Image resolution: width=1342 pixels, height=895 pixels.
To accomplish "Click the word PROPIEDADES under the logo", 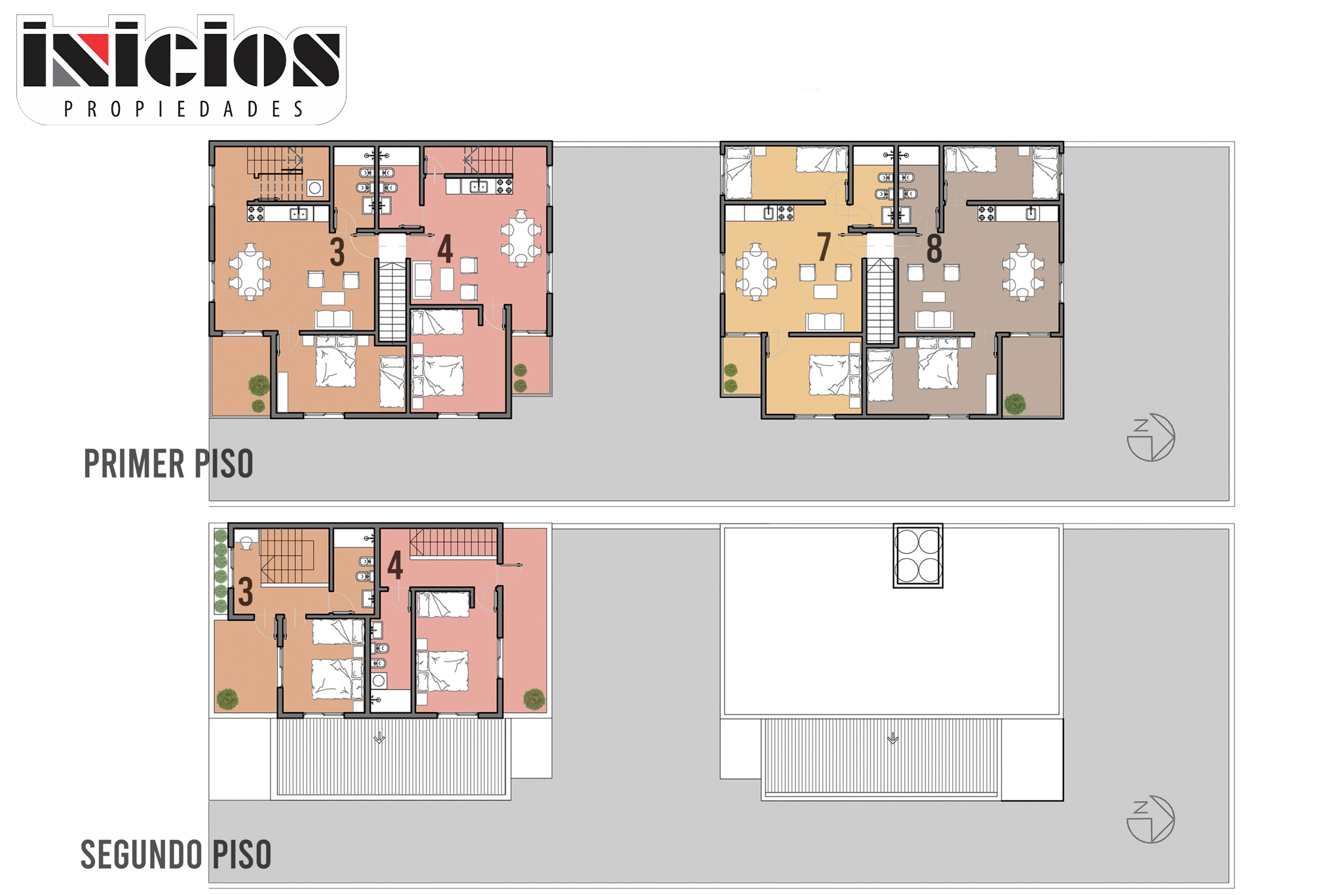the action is [183, 109].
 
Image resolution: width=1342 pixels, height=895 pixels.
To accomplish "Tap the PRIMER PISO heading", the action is [168, 464].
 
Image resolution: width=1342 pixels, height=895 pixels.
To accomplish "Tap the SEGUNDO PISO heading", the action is [176, 854].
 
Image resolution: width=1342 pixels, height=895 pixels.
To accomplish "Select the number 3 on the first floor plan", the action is [337, 252].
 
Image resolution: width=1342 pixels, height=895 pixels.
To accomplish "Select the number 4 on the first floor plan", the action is [445, 249].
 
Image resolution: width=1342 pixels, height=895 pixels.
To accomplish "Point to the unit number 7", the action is [824, 247].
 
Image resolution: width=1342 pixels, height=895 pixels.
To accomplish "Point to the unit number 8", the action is [934, 249].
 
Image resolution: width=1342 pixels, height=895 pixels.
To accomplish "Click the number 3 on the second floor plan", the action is [246, 592].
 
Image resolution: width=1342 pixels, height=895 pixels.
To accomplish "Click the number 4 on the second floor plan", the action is [395, 565].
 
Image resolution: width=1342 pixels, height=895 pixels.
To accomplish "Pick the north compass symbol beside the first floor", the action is [1151, 437].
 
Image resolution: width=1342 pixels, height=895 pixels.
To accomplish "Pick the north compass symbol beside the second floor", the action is [1151, 820].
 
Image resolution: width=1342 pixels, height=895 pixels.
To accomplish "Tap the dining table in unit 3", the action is [250, 271].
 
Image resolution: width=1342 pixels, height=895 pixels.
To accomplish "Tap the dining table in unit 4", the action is [521, 238].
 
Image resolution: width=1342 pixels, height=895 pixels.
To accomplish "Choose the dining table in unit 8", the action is [1022, 271].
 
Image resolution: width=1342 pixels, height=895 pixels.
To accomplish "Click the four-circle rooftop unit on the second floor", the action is [918, 555].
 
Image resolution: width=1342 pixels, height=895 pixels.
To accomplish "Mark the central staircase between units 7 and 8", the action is [881, 301].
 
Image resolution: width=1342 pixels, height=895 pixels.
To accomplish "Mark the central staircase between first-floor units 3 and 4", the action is [393, 301].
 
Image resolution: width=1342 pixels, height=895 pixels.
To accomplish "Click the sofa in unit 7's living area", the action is [825, 321].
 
